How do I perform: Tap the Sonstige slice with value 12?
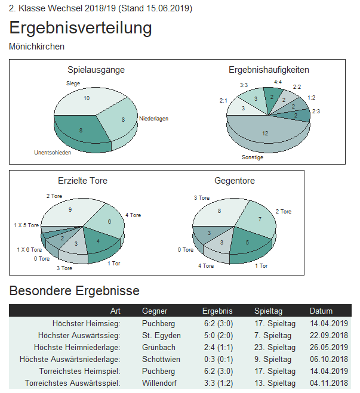[x=265, y=133]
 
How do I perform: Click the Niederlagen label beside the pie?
[x=153, y=119]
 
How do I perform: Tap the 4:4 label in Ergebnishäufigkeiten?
[x=278, y=81]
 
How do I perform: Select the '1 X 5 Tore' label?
[x=26, y=225]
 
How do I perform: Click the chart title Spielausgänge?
[x=96, y=70]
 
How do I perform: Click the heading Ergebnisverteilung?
[x=81, y=28]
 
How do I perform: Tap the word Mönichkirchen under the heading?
[x=37, y=46]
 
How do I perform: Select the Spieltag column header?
[x=268, y=311]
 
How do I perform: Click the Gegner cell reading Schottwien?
[x=161, y=359]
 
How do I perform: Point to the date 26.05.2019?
[x=328, y=347]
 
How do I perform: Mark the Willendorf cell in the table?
[x=160, y=383]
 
